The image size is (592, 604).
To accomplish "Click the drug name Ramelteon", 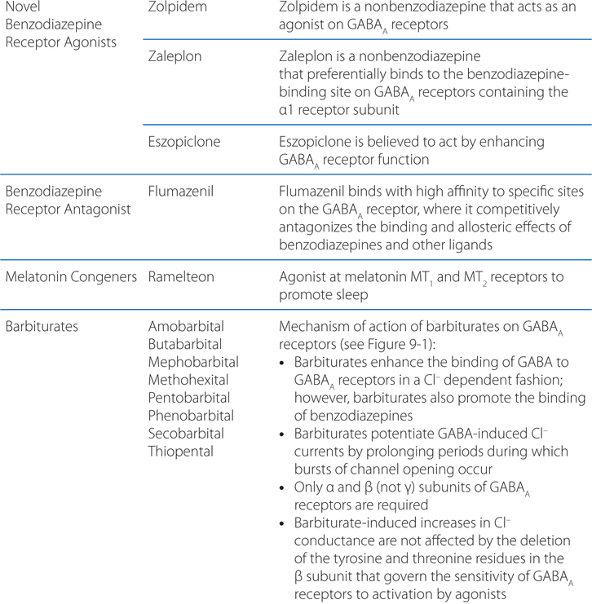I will coord(181,277).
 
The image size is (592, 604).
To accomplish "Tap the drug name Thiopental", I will coord(180,451).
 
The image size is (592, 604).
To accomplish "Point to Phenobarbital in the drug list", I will coord(190,415).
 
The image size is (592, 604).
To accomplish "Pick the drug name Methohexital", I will coord(188,380).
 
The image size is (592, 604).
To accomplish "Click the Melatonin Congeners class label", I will coord(70,277).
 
